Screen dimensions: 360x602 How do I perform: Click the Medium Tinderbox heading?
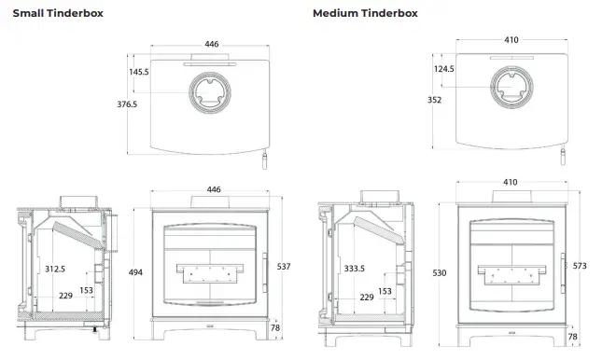coord(365,13)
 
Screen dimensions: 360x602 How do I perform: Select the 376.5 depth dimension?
coord(126,104)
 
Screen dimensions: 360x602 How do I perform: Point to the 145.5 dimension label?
coord(139,71)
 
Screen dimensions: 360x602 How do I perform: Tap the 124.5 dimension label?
coord(444,69)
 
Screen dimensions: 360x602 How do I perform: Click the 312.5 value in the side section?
coord(55,269)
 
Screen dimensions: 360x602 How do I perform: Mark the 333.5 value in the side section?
coord(355,269)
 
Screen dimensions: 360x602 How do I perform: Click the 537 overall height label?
coord(285,267)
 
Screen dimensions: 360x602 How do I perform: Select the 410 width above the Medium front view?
coord(511,183)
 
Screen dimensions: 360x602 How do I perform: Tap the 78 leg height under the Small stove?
coord(274,328)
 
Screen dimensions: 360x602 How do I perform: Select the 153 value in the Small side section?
coord(85,291)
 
